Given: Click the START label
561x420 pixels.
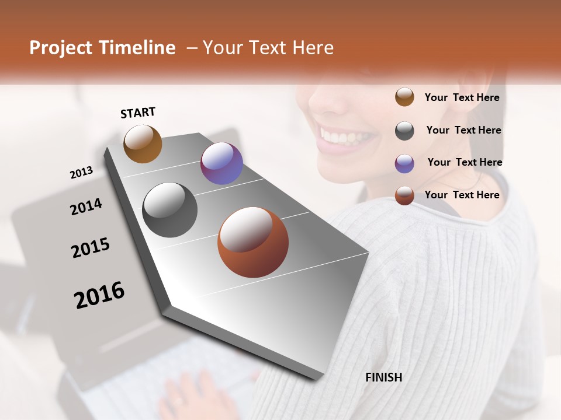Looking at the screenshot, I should [138, 113].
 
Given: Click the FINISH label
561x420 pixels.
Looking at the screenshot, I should [383, 377].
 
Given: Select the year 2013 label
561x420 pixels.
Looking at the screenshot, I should [81, 172].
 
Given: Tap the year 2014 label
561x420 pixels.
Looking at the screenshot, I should [86, 206].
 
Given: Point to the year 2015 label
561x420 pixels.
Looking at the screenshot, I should [91, 247].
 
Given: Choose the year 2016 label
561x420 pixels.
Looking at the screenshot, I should [99, 295].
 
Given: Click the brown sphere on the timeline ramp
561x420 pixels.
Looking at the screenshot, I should [143, 143].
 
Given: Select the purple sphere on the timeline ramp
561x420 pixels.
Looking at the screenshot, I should [221, 163].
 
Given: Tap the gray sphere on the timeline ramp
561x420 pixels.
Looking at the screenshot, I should [170, 209].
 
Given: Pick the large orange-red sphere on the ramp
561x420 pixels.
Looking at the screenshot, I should [253, 242].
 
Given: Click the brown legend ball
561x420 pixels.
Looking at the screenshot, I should [404, 97].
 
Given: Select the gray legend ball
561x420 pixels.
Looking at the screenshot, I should [404, 131].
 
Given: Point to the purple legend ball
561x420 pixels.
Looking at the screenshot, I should [404, 163].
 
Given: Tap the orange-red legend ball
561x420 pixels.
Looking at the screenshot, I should [404, 195].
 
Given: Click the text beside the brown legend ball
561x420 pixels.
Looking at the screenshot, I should [462, 97].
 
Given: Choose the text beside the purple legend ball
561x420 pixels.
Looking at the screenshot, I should [465, 162].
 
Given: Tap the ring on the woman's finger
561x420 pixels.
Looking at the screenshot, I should [178, 401].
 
